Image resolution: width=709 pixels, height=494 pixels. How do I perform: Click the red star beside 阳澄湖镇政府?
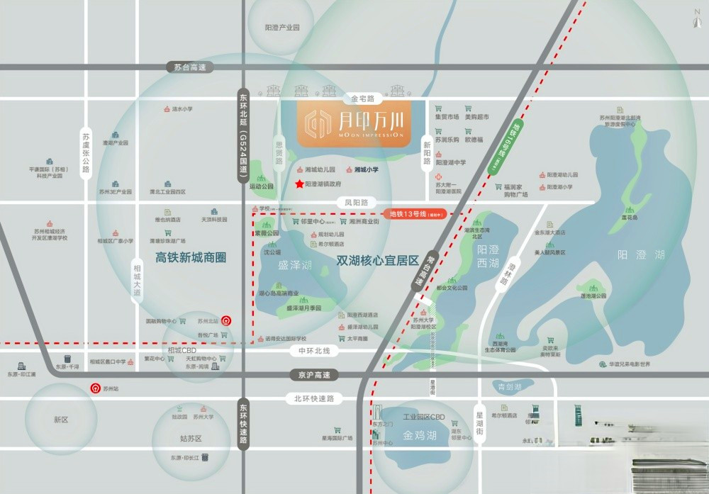tap(299, 184)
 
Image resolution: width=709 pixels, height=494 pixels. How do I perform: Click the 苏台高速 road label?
tap(189, 67)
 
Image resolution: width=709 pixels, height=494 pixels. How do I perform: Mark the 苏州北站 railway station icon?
tap(225, 320)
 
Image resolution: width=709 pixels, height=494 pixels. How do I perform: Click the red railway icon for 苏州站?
tap(94, 388)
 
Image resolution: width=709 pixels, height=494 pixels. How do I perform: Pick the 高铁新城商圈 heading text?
tap(191, 257)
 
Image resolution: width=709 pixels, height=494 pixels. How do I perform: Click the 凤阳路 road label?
tap(357, 202)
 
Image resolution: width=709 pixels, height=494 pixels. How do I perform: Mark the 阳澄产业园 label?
tap(282, 28)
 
